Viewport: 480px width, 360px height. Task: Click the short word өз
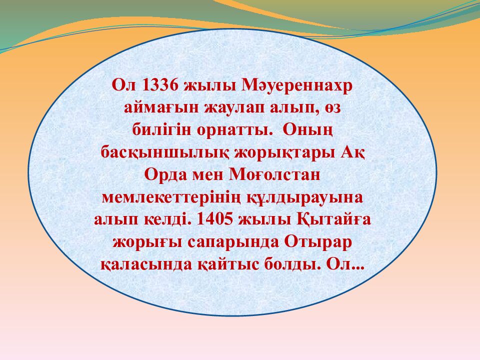coord(327,107)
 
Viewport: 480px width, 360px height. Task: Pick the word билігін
coord(156,129)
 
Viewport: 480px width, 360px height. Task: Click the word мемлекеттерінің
coord(171,196)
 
